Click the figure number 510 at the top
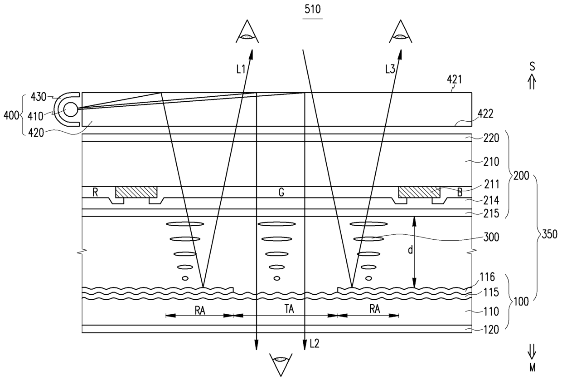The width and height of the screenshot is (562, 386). click(x=313, y=10)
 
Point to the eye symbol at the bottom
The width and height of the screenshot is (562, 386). click(x=281, y=365)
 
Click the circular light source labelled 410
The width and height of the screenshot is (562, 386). click(x=71, y=109)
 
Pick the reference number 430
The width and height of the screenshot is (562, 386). click(x=39, y=97)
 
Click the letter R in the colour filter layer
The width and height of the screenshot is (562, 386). click(x=95, y=193)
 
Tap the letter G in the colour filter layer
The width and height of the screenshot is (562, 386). click(x=281, y=193)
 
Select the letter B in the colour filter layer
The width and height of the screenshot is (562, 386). click(x=460, y=193)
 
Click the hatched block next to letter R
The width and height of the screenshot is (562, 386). click(x=136, y=192)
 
